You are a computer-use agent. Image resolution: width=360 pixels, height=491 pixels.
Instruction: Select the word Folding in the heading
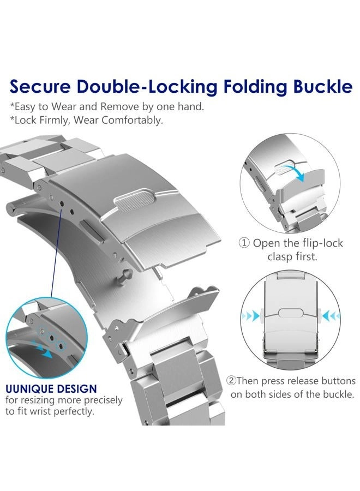[255, 88]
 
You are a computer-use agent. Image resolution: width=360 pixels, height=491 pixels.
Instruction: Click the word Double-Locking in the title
[147, 88]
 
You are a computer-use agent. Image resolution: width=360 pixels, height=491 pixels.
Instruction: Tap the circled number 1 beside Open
[244, 243]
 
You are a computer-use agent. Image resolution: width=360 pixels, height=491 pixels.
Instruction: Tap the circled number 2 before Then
[231, 381]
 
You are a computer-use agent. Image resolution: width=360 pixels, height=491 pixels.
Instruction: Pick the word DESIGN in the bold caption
[77, 388]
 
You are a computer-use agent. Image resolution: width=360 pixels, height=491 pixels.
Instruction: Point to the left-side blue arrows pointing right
[251, 316]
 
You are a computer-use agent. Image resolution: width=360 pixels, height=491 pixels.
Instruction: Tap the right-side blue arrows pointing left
[330, 315]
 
